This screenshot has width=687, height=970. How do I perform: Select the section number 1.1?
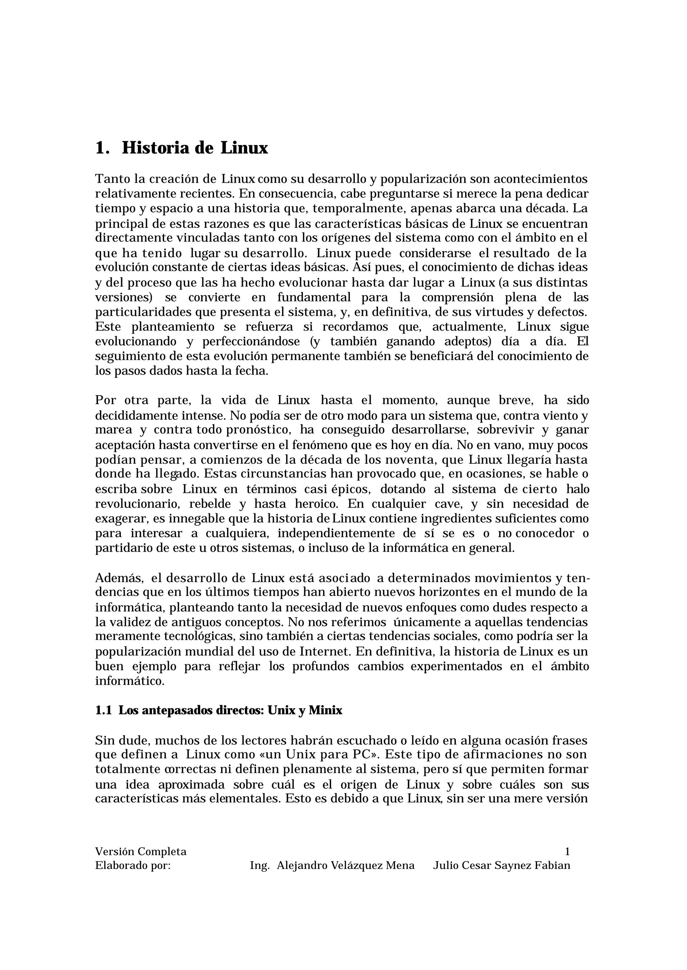click(103, 710)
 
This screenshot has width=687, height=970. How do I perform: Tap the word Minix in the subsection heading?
click(325, 710)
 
